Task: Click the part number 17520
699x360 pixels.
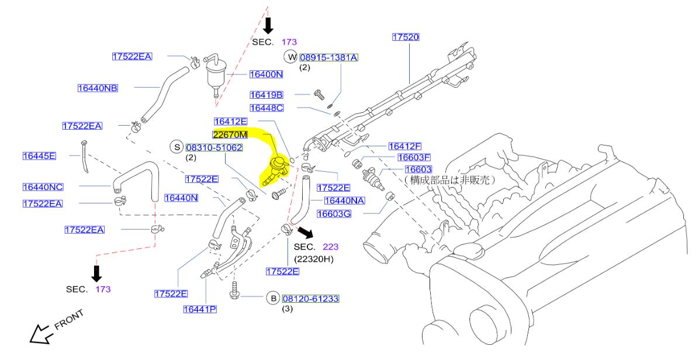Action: pos(406,37)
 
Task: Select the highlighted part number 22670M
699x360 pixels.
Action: pos(230,134)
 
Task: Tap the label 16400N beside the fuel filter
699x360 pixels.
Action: pos(266,74)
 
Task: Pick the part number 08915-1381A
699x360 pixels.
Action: pos(328,57)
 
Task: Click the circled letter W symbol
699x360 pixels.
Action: pos(290,57)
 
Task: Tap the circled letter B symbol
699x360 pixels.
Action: pos(273,299)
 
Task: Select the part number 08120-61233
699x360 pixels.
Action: pos(311,299)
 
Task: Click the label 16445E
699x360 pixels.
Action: pos(39,155)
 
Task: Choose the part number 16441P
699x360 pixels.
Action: pos(199,309)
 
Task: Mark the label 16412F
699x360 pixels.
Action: pos(404,146)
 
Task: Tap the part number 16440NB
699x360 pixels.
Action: pos(98,88)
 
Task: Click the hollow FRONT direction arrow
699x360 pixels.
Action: pos(40,334)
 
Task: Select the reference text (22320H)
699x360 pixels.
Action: pos(313,258)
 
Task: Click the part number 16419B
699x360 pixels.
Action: pos(267,95)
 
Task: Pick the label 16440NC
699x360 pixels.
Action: pos(43,187)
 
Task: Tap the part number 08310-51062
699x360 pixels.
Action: pos(214,148)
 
